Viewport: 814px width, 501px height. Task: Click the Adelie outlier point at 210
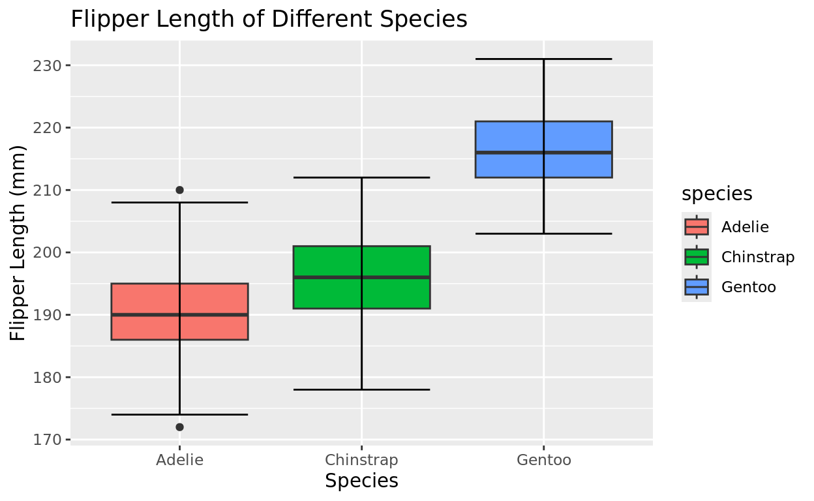[x=179, y=190]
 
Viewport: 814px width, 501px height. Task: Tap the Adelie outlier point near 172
[x=179, y=427]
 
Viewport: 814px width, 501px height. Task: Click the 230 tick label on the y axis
[x=47, y=66]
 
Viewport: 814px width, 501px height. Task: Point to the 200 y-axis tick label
[x=47, y=253]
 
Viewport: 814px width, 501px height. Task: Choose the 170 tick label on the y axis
[x=47, y=440]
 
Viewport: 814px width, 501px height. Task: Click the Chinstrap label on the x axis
[x=361, y=460]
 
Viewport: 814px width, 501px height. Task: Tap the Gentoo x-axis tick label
[x=543, y=460]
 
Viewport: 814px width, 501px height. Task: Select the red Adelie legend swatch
[x=697, y=227]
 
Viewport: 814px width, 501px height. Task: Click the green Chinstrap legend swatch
[x=697, y=257]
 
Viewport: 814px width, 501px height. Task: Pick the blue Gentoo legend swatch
[x=697, y=287]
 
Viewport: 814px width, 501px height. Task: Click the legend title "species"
[x=717, y=194]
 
